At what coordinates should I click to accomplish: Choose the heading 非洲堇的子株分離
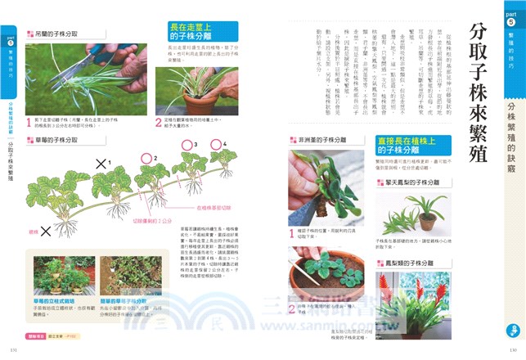point(321,140)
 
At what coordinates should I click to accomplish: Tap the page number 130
point(513,349)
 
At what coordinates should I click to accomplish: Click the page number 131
point(12,349)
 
